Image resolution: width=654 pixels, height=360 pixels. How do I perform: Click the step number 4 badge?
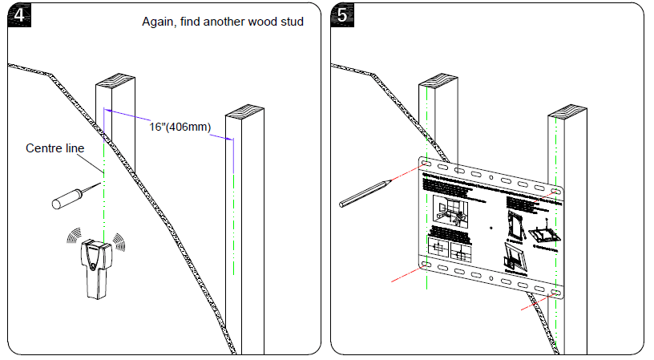pos(17,15)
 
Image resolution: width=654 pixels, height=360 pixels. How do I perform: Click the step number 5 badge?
pos(342,15)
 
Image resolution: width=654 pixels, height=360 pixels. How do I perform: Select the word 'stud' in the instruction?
pos(291,22)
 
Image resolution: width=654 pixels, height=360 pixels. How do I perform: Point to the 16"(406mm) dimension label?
pos(180,127)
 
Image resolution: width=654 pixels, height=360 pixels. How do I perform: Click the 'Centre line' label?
pos(54,148)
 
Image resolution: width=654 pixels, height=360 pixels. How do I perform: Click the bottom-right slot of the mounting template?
pos(556,293)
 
